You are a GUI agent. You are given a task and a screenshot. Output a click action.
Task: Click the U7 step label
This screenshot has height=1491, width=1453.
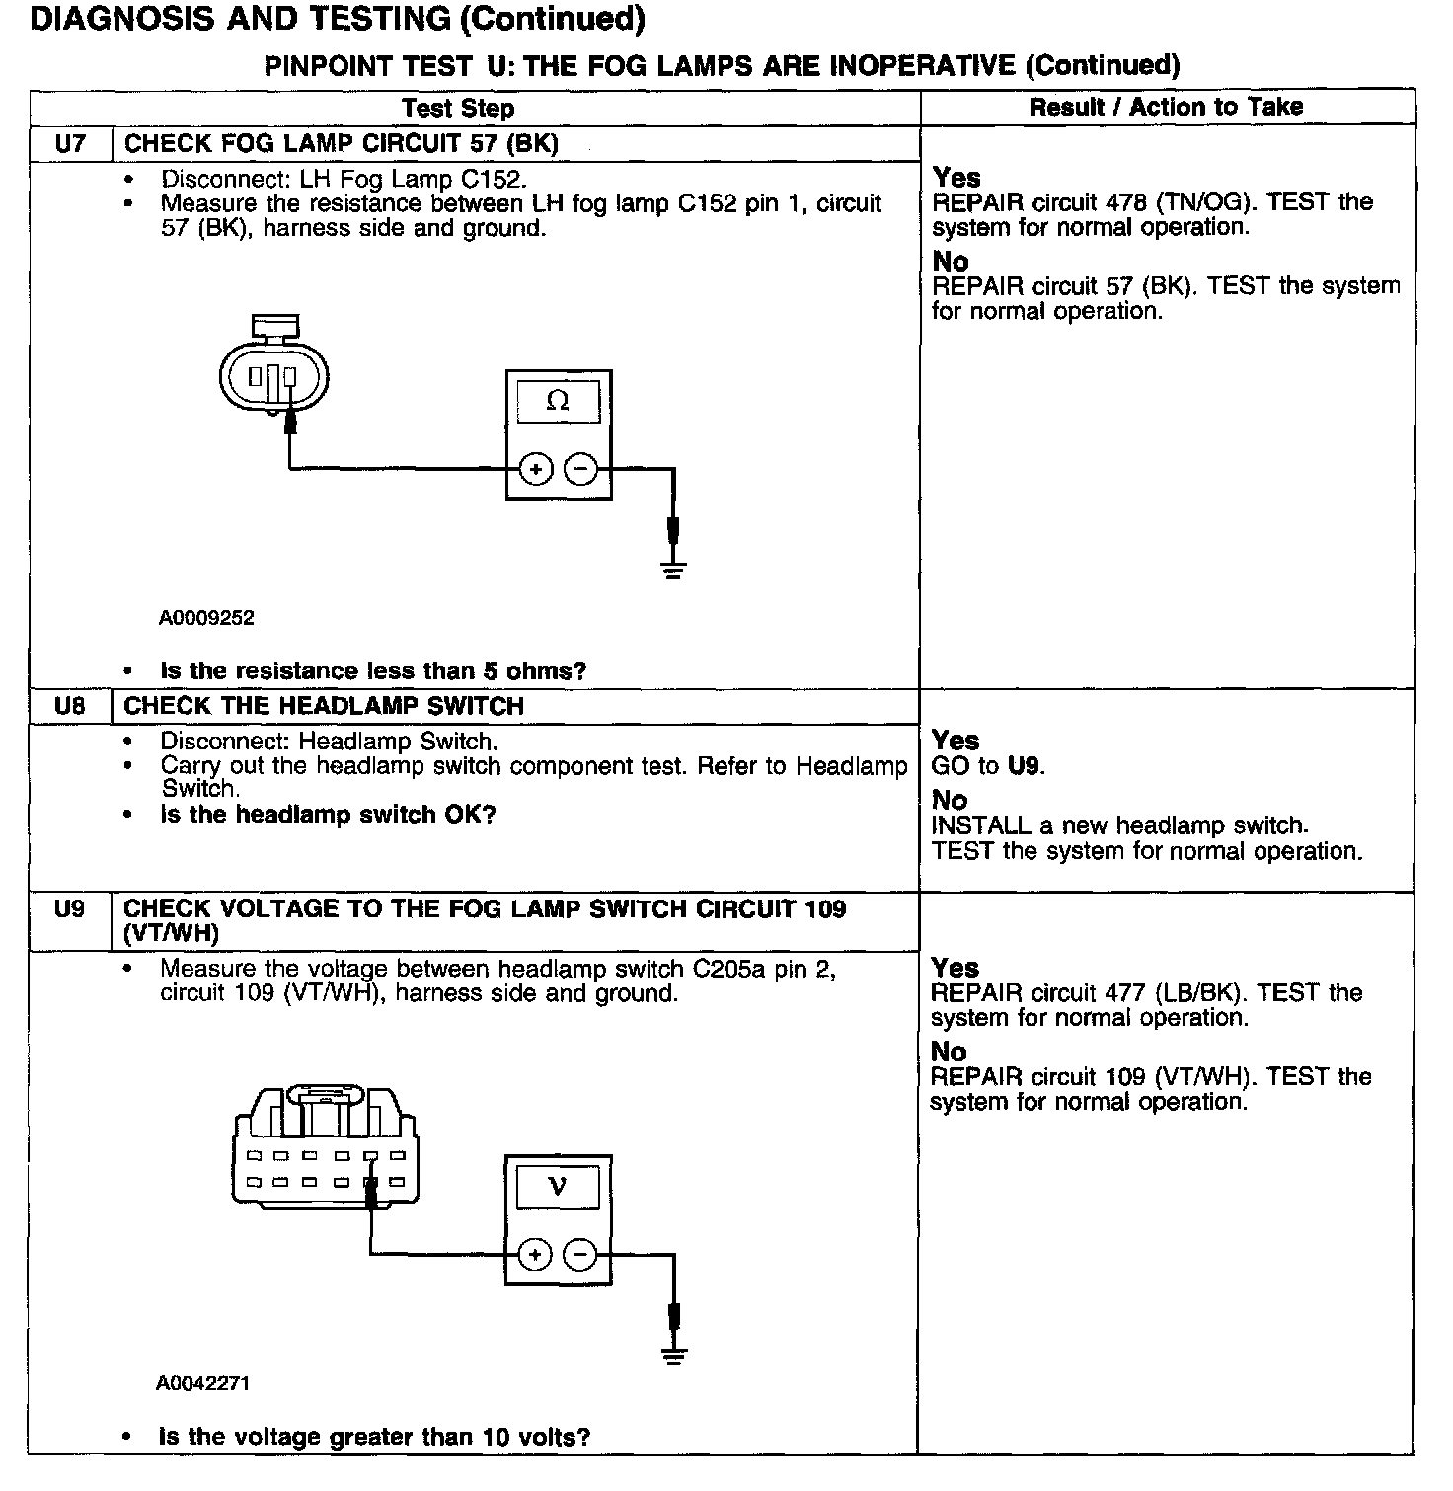70,144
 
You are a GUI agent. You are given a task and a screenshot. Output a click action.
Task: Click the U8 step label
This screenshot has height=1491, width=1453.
70,707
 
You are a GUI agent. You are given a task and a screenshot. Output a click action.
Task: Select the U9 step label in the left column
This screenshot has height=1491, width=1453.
70,909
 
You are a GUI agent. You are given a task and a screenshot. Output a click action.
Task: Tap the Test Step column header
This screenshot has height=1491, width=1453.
458,108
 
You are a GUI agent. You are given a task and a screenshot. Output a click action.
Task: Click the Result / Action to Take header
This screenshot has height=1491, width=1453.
1166,107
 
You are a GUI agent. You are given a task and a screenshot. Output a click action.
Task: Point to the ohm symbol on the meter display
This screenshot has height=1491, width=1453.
558,401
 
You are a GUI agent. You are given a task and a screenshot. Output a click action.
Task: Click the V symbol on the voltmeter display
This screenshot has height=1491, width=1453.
558,1185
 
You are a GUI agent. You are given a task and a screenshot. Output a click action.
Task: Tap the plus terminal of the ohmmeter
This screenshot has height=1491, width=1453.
535,469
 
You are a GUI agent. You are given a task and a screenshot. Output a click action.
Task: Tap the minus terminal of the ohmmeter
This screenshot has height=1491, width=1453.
580,469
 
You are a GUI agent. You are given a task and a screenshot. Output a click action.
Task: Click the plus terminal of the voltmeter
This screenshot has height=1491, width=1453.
534,1255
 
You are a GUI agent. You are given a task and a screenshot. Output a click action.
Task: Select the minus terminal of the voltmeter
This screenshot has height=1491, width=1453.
579,1255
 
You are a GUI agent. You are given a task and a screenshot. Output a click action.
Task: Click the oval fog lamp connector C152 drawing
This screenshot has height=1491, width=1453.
273,374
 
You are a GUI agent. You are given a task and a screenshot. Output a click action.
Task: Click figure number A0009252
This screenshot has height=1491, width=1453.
206,619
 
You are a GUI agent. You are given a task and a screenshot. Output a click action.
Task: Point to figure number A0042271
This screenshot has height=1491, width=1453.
202,1383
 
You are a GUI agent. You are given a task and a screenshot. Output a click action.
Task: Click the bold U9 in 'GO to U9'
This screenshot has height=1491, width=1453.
1025,766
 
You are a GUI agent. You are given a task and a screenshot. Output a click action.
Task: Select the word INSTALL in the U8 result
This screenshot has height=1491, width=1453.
976,825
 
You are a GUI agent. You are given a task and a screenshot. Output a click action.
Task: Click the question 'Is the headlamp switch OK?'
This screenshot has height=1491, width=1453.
328,815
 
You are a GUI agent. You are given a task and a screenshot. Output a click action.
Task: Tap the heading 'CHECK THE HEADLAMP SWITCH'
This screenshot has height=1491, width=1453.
324,707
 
